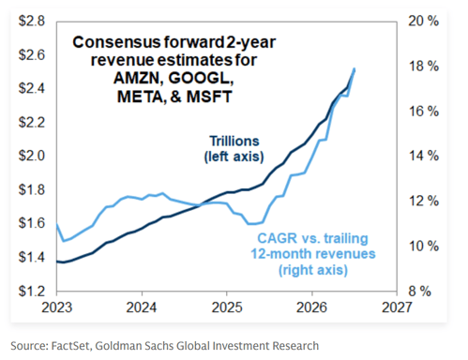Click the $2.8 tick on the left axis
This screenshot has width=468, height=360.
click(x=32, y=21)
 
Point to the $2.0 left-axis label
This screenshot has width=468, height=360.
click(x=32, y=156)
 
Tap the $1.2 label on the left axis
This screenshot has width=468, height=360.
click(x=32, y=291)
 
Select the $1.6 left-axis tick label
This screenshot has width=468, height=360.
click(x=32, y=223)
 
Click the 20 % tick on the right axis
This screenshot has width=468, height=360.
click(x=424, y=21)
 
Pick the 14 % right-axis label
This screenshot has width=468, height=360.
click(x=424, y=156)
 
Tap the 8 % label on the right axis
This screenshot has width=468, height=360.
click(x=420, y=292)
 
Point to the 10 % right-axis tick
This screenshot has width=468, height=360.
click(x=424, y=247)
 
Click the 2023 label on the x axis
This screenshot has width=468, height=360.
click(x=57, y=307)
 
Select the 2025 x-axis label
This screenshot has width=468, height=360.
click(x=227, y=307)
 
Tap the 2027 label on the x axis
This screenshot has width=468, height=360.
click(x=397, y=307)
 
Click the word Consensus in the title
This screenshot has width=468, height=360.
click(x=116, y=42)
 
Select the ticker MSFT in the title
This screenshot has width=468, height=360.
click(x=209, y=97)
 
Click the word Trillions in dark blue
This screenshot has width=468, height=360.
click(x=234, y=142)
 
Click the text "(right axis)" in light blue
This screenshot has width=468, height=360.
click(x=313, y=270)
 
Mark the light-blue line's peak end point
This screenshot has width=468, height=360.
click(x=355, y=68)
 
